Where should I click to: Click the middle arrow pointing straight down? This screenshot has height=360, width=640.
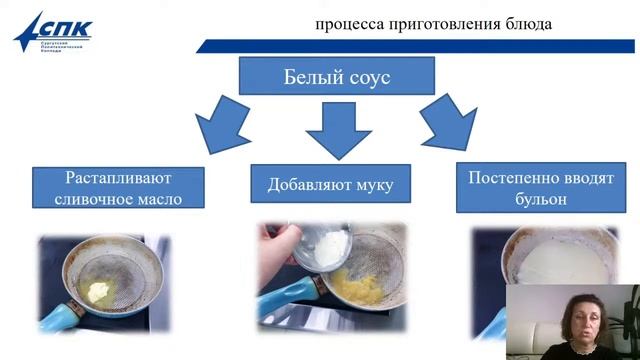click(337, 129)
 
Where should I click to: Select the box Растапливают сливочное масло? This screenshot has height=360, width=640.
click(119, 188)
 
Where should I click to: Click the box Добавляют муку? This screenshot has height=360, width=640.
click(330, 184)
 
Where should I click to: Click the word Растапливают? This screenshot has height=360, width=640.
click(119, 178)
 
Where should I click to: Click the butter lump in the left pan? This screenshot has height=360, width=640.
click(98, 291)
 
